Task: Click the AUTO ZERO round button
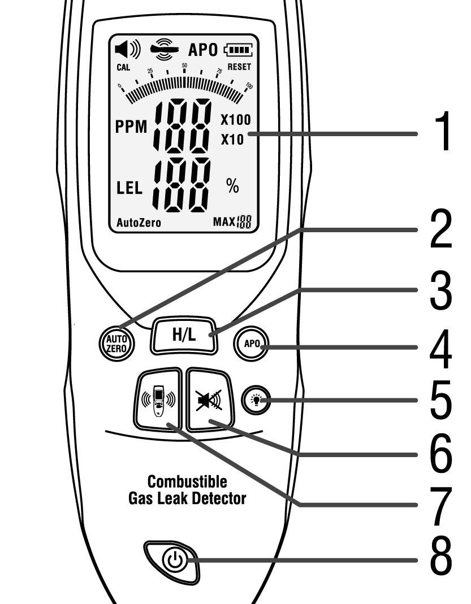point(116,341)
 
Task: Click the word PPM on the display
point(131,128)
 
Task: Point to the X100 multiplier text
point(235,120)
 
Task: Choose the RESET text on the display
point(239,67)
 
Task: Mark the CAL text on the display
point(123,67)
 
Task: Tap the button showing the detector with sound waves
point(159,399)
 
